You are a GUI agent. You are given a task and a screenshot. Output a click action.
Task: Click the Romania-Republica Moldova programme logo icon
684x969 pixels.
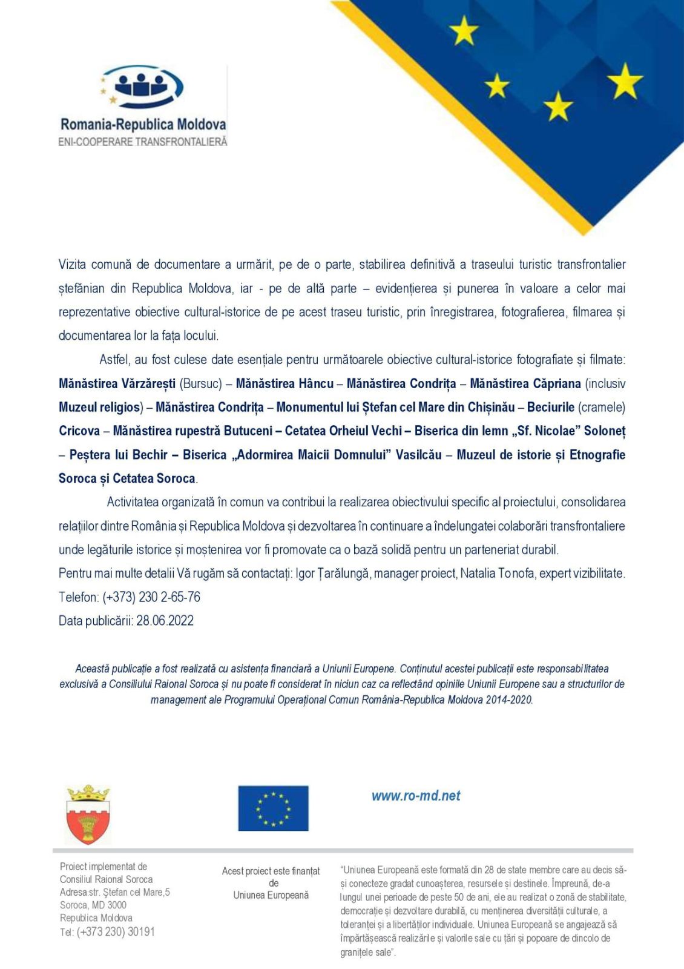point(142,87)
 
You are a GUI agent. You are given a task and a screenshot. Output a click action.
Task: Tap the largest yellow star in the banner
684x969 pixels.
point(625,81)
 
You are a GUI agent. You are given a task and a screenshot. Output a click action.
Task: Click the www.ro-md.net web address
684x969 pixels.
point(416,796)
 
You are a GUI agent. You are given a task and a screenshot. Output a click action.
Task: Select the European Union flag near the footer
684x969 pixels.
point(273,808)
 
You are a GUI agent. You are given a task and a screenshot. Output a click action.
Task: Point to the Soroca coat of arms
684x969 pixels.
point(88,815)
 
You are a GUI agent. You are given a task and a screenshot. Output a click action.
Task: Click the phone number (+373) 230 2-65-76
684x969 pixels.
point(151,597)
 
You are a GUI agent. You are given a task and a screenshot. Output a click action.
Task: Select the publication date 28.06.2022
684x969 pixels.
point(165,621)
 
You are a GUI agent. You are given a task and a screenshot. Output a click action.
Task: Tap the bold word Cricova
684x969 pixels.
point(79,431)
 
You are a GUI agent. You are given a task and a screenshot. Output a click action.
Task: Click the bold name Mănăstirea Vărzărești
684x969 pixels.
point(117,383)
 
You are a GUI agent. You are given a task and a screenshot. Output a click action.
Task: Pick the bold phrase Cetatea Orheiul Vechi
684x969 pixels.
point(343,431)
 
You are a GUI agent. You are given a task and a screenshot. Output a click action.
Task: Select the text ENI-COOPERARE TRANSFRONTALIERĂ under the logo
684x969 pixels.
point(143,142)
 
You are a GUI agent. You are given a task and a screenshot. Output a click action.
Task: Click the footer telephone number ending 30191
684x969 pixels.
point(116,931)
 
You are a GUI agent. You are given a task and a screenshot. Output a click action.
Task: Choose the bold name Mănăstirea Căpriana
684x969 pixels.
point(525,383)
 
